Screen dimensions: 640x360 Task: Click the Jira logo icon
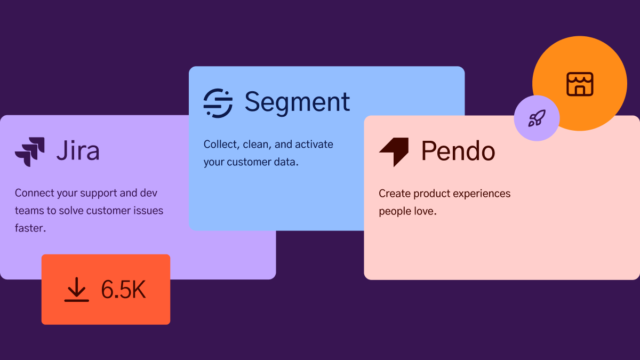[x=30, y=151]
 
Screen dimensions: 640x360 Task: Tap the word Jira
[x=78, y=150]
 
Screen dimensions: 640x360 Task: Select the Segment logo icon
[x=218, y=103]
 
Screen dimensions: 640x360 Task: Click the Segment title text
[x=297, y=103]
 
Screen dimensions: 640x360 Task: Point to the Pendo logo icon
[x=394, y=151]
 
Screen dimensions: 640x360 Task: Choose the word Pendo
[x=458, y=151]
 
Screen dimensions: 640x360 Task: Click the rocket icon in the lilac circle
[x=537, y=118]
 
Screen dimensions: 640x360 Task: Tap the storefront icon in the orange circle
[x=580, y=84]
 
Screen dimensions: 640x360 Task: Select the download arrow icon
[x=77, y=290]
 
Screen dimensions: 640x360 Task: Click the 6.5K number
[x=123, y=290]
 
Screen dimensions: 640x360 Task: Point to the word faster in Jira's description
[x=30, y=228]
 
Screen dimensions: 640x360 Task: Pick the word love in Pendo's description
[x=426, y=211]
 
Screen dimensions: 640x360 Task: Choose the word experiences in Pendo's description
[x=482, y=194]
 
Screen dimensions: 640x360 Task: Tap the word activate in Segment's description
[x=314, y=145]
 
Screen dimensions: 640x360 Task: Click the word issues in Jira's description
[x=149, y=211]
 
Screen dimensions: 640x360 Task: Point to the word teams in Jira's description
[x=29, y=211]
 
